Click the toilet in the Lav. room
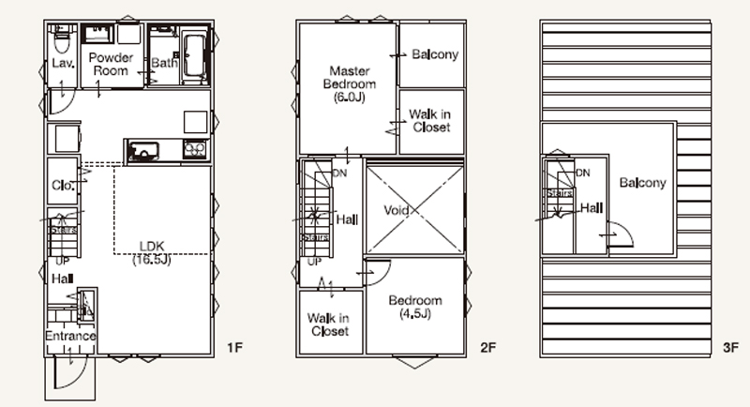(x=61, y=39)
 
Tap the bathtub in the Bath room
(x=194, y=56)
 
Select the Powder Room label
(x=111, y=64)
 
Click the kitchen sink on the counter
(x=142, y=151)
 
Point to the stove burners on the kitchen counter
(x=195, y=150)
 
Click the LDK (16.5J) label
(x=152, y=253)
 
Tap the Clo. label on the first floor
(x=63, y=186)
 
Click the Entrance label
(x=70, y=336)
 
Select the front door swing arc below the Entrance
(x=79, y=378)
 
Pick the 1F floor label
(x=235, y=348)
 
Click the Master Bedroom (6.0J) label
(x=350, y=84)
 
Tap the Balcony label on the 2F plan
(x=435, y=54)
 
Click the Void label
(x=396, y=210)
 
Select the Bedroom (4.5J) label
(x=415, y=307)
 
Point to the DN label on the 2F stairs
(x=339, y=173)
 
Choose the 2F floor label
(x=488, y=348)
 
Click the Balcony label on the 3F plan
(x=642, y=183)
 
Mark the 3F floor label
(x=731, y=348)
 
